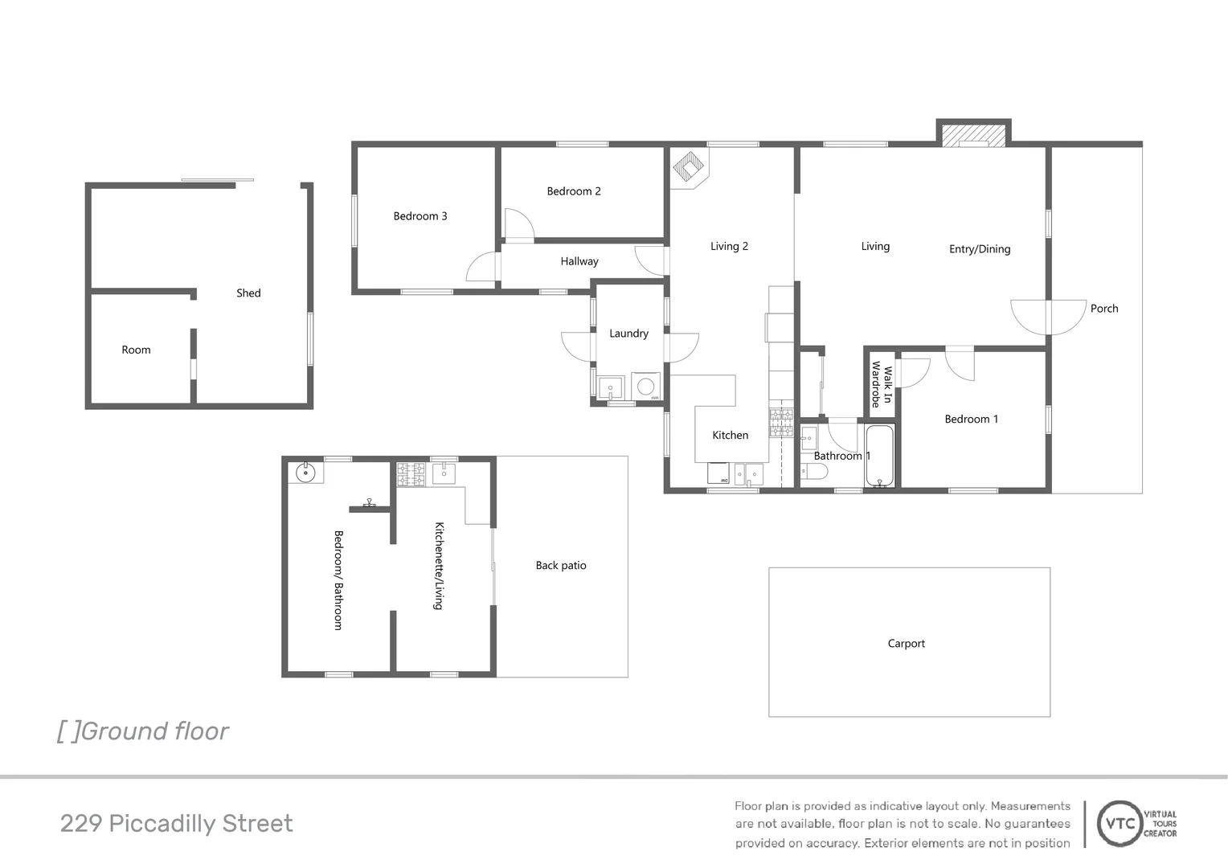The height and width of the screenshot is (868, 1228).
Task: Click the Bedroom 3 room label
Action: pos(420,216)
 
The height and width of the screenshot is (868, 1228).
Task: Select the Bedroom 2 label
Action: pos(574,191)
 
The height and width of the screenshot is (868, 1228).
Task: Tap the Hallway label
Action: pos(579,261)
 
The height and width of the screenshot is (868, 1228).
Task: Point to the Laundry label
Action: pos(628,334)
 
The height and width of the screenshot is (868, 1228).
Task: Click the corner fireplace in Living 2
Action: pos(688,167)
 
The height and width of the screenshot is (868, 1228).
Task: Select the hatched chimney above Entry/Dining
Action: pos(973,135)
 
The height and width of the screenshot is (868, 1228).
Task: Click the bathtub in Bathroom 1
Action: pos(880,456)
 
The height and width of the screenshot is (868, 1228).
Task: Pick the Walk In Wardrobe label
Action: pos(882,384)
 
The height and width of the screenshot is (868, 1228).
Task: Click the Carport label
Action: pos(906,644)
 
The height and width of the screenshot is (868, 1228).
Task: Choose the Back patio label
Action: pos(561,566)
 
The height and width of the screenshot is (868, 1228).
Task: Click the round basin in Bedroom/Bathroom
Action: pos(306,473)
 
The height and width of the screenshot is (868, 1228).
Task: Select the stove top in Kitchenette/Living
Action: pos(411,474)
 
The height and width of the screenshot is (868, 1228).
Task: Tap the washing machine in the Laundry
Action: pos(645,387)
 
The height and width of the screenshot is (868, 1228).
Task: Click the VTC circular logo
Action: pos(1120,824)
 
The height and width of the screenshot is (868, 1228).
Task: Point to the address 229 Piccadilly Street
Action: pos(176,824)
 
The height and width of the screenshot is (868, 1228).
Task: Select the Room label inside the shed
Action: pos(136,350)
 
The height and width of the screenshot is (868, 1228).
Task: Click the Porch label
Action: pos(1104,309)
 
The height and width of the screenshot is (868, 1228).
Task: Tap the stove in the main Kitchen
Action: pos(780,423)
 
